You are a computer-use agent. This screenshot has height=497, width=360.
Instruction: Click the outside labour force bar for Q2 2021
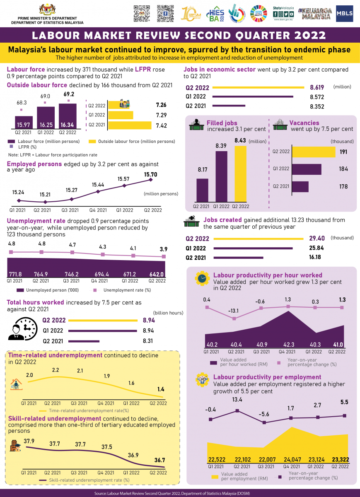[x=130, y=125]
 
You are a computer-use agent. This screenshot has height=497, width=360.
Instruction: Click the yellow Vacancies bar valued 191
[x=313, y=152]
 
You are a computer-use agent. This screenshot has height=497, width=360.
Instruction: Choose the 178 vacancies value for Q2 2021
[x=343, y=187]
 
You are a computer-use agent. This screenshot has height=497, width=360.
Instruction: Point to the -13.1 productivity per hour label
[x=234, y=310]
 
